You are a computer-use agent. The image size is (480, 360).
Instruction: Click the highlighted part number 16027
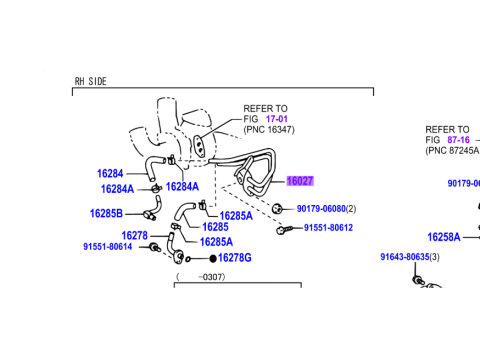300,181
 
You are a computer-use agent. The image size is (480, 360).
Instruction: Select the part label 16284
110,174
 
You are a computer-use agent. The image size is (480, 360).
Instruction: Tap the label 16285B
106,213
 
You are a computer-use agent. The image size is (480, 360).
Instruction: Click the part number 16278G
235,258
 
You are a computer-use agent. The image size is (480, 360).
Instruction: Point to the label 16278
134,236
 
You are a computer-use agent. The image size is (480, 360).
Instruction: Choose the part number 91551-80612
328,228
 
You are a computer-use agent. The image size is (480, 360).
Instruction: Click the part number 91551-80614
108,247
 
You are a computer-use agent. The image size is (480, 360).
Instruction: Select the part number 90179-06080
321,209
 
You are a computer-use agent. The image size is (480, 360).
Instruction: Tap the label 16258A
444,237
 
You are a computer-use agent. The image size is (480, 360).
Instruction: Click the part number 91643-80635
405,257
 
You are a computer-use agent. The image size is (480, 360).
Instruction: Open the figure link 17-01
277,119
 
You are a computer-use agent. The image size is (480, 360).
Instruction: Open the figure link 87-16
458,140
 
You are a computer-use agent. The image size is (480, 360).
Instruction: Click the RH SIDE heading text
90,81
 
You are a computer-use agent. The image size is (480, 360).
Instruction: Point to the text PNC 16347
269,129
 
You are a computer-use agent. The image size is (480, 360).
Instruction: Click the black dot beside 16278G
213,258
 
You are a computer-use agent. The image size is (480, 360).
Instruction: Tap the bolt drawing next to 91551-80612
284,229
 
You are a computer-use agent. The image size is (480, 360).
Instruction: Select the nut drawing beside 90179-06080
277,209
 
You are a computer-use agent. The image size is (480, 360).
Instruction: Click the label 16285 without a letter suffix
215,227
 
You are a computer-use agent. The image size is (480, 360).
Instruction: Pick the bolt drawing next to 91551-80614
154,248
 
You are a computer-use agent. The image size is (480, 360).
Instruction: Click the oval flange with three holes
199,145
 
